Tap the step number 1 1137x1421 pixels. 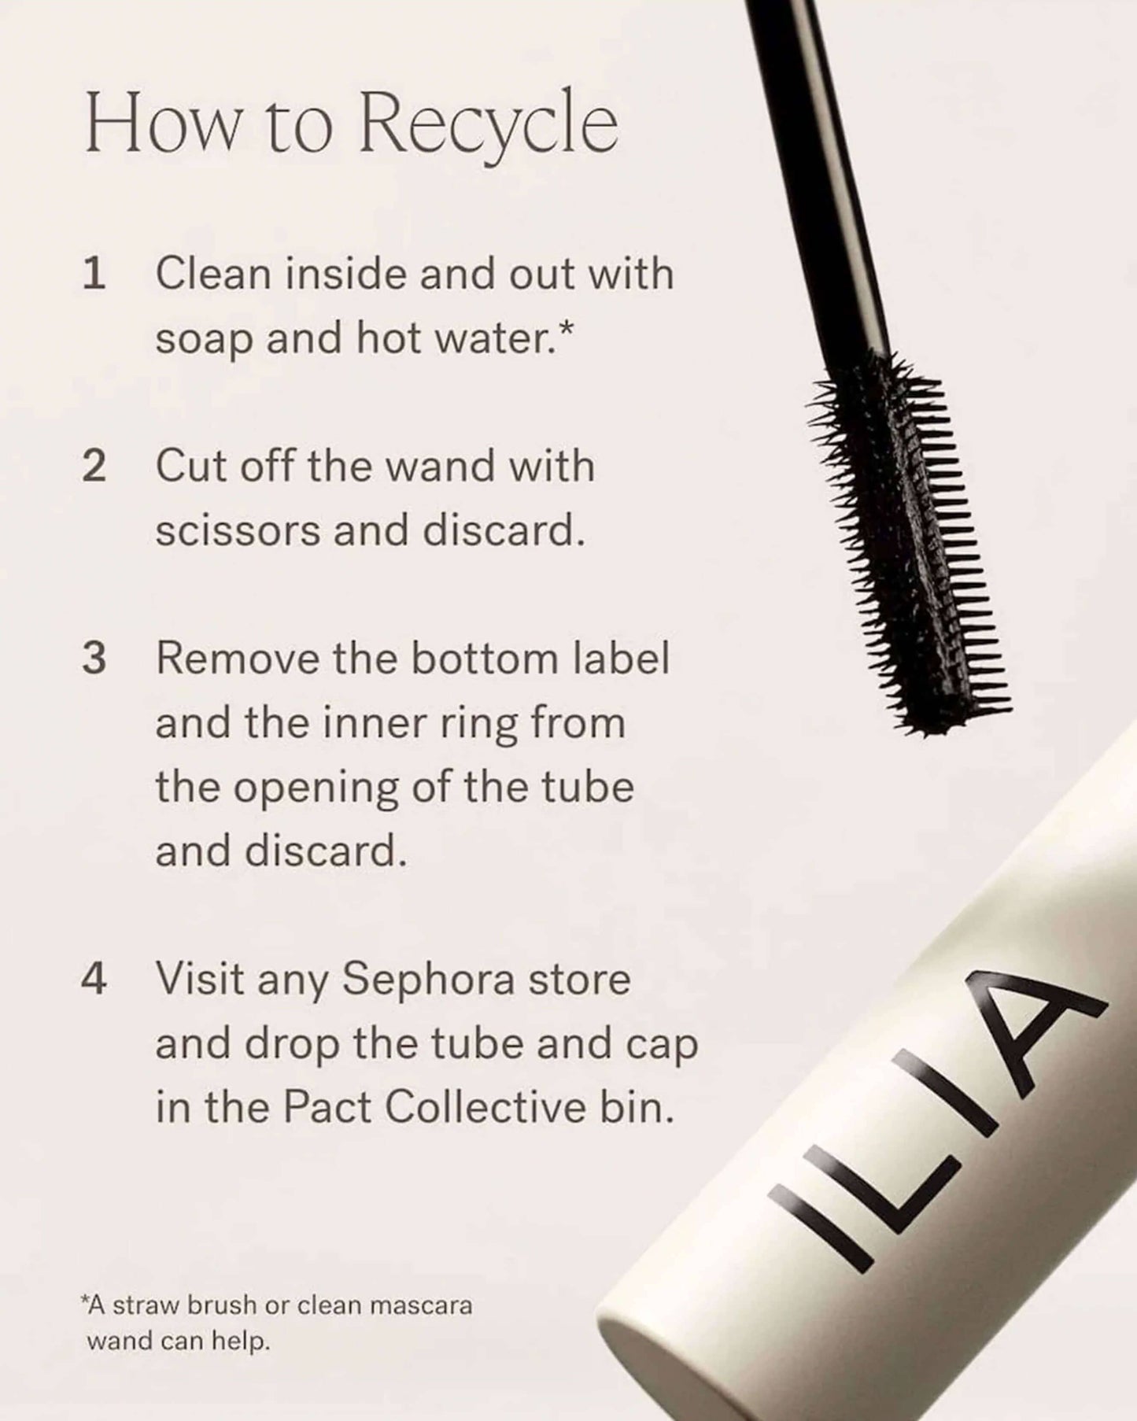[94, 275]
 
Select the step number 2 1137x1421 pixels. [94, 466]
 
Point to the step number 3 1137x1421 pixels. [94, 658]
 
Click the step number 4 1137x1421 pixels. [94, 979]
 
